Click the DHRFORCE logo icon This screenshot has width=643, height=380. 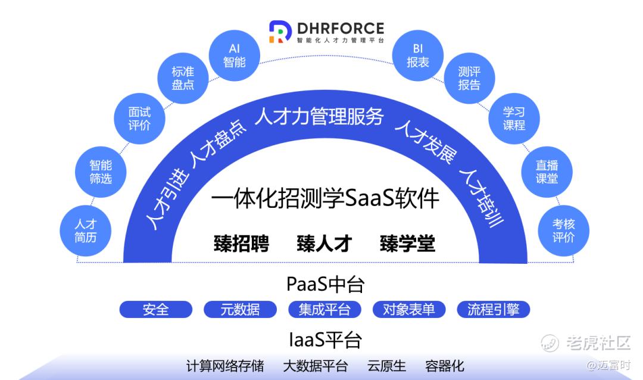coord(280,32)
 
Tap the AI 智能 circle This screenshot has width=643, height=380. coord(235,55)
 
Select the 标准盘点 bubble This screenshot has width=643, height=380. coord(183,78)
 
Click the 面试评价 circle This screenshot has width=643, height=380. coord(139,119)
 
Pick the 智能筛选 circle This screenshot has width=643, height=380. coord(101,172)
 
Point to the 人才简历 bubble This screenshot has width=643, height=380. coord(85,231)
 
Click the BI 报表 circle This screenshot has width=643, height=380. coord(418,55)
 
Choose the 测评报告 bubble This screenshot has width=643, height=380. coord(469,78)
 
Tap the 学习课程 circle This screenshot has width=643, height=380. coord(514,119)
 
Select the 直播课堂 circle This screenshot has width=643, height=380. coord(547,172)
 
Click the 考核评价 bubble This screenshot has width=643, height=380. coord(563,231)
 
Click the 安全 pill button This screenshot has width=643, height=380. coord(156,309)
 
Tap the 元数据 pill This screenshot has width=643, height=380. coord(241,309)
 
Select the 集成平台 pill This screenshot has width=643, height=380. coord(325,309)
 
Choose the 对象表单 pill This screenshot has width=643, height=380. coord(409,309)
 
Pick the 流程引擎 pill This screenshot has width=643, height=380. coord(494,309)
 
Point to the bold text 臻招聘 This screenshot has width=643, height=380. coord(242,244)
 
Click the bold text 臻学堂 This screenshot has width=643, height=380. coord(408,244)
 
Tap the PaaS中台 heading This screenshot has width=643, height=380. coord(325,284)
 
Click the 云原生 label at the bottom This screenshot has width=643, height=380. coord(386,366)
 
